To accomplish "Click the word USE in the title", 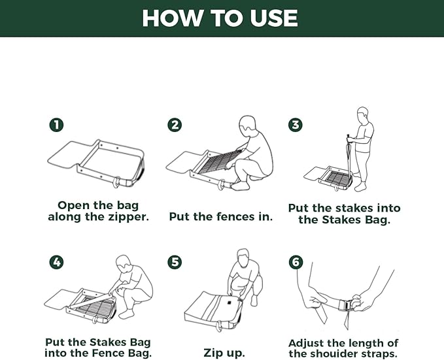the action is (273, 18).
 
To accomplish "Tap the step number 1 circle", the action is (56, 125).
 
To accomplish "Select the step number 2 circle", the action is (175, 125).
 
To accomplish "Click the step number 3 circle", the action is (296, 125).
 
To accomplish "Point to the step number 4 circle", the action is (56, 262).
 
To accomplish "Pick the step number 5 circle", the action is (175, 262).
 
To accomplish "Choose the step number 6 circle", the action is (296, 262).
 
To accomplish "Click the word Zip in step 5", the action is (212, 353).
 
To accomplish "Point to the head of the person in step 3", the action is (362, 114).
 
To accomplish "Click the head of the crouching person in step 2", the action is (248, 125).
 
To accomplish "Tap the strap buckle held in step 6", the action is (348, 305).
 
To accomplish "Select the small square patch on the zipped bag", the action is (228, 303).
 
